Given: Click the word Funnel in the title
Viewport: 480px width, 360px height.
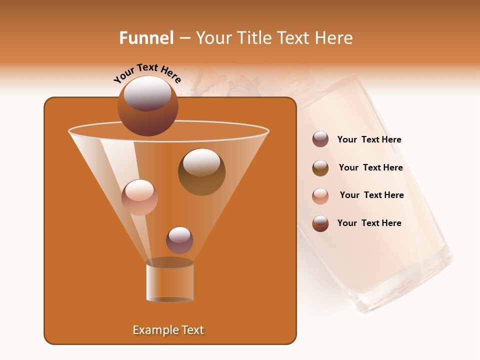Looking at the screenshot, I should [x=146, y=38].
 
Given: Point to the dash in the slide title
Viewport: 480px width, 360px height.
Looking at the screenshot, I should [x=184, y=38].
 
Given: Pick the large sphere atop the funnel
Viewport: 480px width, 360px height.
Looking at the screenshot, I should [x=147, y=105].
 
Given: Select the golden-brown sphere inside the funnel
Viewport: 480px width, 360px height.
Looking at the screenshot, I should [x=201, y=171].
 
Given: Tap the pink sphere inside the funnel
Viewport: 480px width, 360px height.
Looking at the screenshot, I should [x=139, y=197].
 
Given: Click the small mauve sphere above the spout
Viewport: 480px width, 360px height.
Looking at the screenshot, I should [x=179, y=240].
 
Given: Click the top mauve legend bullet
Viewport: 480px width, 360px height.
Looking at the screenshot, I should [x=320, y=139].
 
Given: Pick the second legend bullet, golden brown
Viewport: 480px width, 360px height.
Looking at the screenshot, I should [x=320, y=167].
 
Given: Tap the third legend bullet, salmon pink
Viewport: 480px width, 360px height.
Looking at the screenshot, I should [x=320, y=195].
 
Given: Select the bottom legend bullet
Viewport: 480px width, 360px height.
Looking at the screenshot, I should [x=320, y=223].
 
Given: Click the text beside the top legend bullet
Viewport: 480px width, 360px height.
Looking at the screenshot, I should [x=369, y=139].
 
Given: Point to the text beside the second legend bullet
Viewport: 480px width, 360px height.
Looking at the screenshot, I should [x=370, y=167].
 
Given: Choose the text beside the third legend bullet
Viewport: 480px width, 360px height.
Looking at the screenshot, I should [x=371, y=195].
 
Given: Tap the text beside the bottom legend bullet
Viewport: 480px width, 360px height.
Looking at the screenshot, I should [x=369, y=223].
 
